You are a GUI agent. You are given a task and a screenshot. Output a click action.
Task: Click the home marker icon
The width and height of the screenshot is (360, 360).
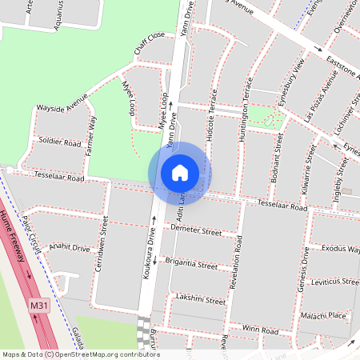[x=180, y=173]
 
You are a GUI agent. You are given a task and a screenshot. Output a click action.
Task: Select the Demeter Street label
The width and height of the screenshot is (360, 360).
[x=196, y=230]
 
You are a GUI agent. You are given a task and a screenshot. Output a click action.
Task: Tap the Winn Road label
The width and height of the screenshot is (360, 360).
[x=261, y=330]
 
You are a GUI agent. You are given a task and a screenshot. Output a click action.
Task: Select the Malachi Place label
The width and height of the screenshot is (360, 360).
[x=323, y=316]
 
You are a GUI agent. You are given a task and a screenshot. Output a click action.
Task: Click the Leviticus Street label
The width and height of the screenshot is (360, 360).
[x=334, y=282]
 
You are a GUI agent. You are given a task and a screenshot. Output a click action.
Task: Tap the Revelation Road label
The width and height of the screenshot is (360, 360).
[x=238, y=263]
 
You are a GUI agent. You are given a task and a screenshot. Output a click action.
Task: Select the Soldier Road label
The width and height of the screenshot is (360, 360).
[x=61, y=143]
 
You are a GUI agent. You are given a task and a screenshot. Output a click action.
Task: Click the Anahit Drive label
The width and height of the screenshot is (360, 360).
[x=70, y=248]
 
